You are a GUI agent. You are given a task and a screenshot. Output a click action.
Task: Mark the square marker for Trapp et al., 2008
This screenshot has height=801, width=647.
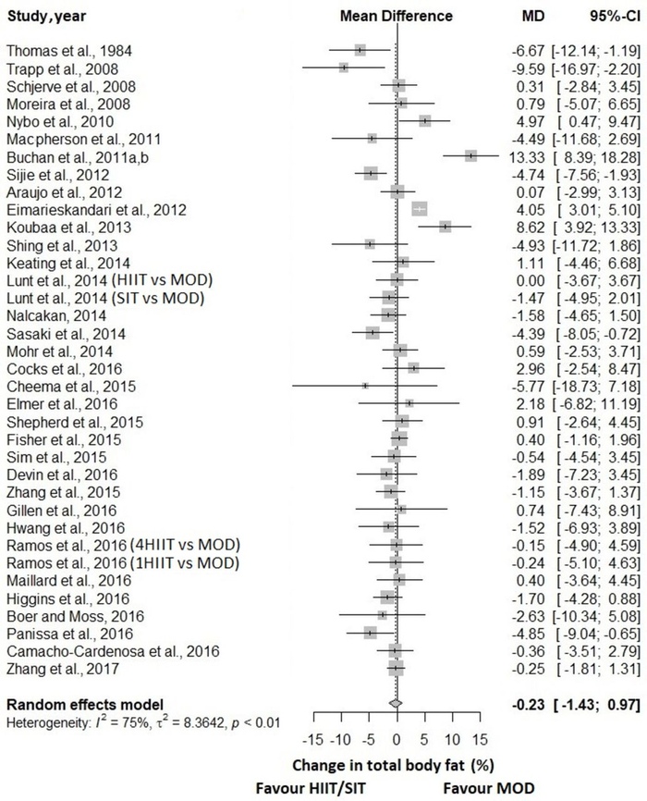(x=343, y=68)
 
